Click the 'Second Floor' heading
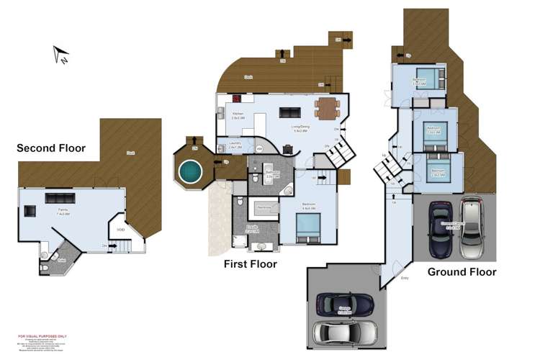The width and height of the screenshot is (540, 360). pyautogui.click(x=51, y=148)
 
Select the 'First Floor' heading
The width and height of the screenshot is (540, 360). pyautogui.click(x=249, y=264)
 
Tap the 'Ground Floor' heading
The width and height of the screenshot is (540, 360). pyautogui.click(x=462, y=272)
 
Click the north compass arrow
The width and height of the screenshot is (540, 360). pyautogui.click(x=60, y=55)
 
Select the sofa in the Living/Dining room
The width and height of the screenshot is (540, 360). pyautogui.click(x=290, y=112)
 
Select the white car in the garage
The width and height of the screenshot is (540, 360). pyautogui.click(x=346, y=332)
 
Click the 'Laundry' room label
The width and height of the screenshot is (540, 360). pyautogui.click(x=235, y=144)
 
